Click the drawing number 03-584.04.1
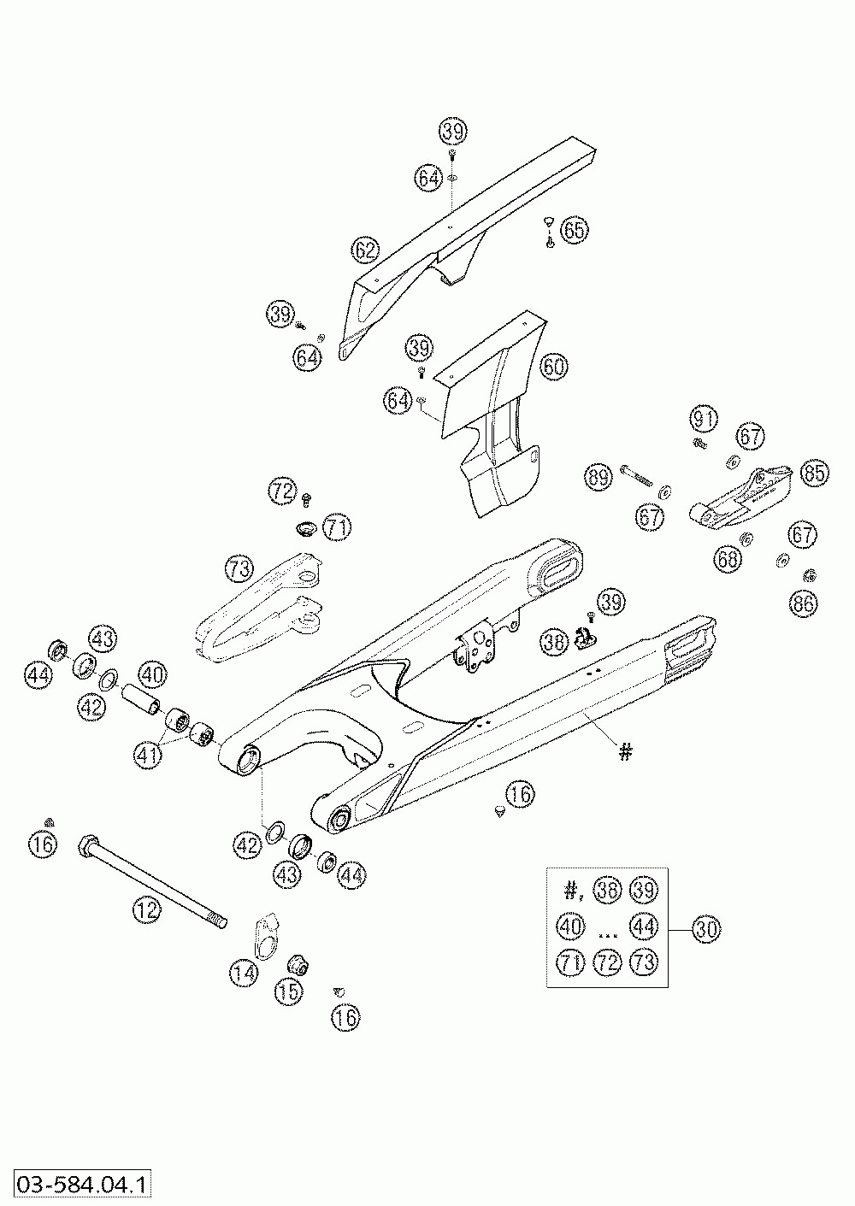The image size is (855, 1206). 79,1185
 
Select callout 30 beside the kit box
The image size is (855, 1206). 706,928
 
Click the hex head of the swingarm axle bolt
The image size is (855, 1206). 88,849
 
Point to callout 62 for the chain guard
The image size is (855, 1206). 365,250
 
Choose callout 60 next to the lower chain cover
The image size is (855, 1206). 554,368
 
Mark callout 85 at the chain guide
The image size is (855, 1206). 814,472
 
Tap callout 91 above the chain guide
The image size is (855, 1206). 704,419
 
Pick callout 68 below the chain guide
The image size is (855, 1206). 728,560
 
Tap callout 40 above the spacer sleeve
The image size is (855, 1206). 151,674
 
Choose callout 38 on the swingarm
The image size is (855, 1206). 554,640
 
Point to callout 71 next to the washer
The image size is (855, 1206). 337,527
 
